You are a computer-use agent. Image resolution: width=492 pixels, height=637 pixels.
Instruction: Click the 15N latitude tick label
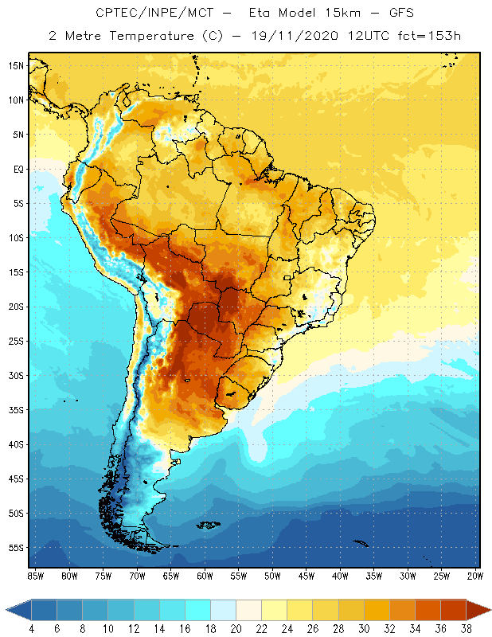coord(16,65)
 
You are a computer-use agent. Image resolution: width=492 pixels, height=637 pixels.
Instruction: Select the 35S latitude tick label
coord(16,410)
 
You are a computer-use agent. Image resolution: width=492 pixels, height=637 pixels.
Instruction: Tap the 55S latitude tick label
coord(16,548)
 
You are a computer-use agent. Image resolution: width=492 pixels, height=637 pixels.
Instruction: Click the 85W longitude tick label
coord(36,575)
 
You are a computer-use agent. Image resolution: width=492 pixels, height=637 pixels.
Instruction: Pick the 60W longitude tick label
coord(205,575)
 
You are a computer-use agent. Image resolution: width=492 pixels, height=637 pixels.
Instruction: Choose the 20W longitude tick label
coord(474,575)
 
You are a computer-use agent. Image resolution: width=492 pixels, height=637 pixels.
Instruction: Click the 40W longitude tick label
coord(340,575)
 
